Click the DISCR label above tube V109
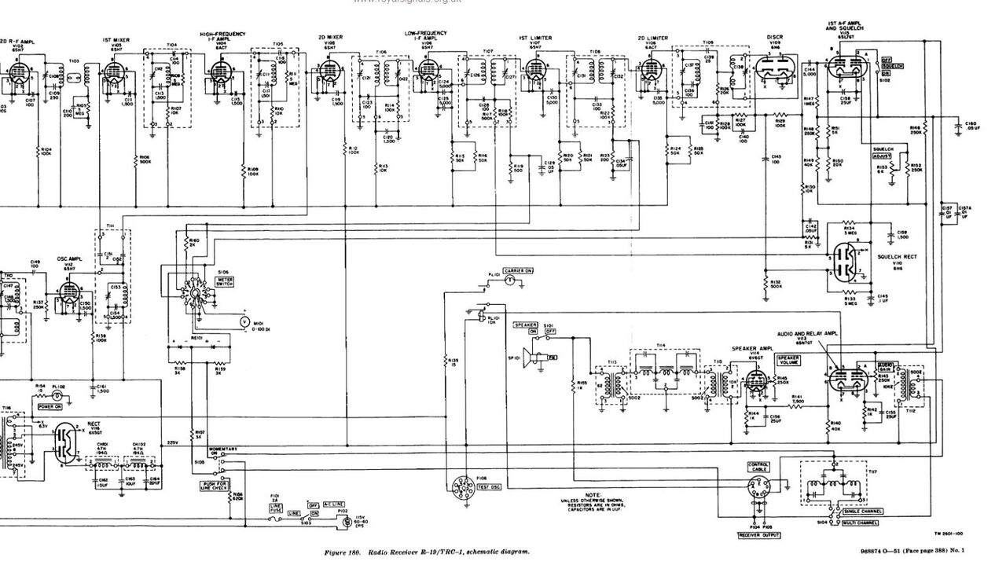tap(773, 37)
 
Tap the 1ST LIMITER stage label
tap(535, 38)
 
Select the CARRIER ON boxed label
tap(519, 270)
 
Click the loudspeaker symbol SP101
tap(535, 358)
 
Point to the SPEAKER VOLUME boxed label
tap(788, 361)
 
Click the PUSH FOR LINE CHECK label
tap(215, 486)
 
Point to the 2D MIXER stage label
tap(330, 38)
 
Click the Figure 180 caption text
tap(427, 552)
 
